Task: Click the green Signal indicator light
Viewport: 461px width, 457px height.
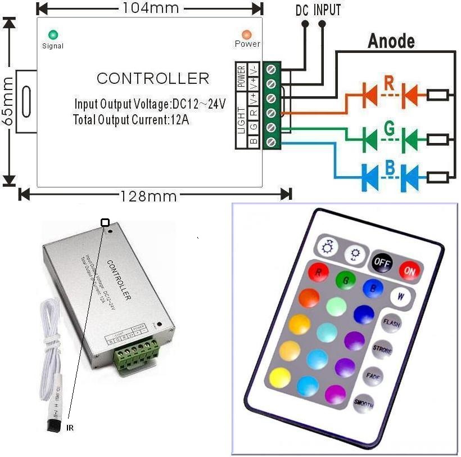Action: (53, 34)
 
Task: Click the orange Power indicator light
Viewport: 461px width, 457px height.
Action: (247, 34)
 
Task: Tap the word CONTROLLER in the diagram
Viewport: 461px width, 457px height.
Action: (152, 78)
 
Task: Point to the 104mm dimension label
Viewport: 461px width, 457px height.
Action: (150, 8)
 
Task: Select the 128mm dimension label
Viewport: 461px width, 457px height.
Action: (148, 196)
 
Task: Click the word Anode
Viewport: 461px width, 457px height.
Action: (391, 41)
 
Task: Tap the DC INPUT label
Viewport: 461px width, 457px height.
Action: (318, 10)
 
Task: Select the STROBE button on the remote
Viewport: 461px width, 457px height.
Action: (382, 349)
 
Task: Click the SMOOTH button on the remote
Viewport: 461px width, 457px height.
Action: (363, 403)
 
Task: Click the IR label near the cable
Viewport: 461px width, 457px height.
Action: (70, 428)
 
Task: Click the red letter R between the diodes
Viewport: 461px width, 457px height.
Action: (389, 83)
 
